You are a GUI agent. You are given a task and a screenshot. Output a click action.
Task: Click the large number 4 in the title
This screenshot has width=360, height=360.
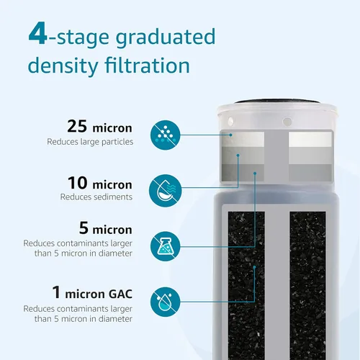tap(38, 33)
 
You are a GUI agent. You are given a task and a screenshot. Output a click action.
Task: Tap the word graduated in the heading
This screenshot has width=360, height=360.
tap(166, 37)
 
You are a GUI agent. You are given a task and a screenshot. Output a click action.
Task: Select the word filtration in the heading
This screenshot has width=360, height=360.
tap(148, 65)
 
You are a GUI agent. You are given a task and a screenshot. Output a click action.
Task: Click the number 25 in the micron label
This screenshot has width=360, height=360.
tap(77, 126)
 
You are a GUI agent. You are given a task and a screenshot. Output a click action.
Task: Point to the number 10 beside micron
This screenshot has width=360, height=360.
tap(77, 183)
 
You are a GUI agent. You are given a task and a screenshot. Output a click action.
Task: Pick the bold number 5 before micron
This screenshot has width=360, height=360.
tap(84, 228)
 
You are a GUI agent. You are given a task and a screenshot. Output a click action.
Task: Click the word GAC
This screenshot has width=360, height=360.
tap(120, 294)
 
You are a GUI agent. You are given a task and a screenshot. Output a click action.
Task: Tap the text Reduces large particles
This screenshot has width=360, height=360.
tap(90, 142)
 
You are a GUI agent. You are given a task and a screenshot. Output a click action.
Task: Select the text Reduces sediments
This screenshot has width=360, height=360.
tap(96, 197)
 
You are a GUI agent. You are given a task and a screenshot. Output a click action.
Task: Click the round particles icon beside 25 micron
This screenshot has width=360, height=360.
tap(165, 135)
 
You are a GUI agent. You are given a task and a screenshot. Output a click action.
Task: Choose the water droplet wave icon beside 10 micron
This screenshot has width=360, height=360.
tap(165, 191)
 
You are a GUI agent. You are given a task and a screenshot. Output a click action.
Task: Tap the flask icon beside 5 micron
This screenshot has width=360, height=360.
tap(165, 246)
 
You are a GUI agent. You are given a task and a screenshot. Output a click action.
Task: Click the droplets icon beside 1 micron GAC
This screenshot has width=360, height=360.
tap(165, 302)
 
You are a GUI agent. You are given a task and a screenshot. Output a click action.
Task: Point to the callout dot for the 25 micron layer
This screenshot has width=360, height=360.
tap(230, 135)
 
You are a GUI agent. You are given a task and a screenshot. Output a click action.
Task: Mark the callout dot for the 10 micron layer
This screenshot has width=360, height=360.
tap(238, 156)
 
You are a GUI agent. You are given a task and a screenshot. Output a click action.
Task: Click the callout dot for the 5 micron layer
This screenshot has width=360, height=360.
tap(255, 173)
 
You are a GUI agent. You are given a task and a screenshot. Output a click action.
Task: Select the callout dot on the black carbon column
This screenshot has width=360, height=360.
tap(254, 267)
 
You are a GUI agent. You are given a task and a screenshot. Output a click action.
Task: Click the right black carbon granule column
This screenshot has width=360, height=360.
tap(307, 286)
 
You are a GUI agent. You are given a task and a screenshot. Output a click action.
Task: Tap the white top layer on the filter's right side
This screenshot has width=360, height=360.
tap(310, 139)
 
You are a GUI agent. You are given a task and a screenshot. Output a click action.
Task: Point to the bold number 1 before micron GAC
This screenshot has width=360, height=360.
tap(56, 292)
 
